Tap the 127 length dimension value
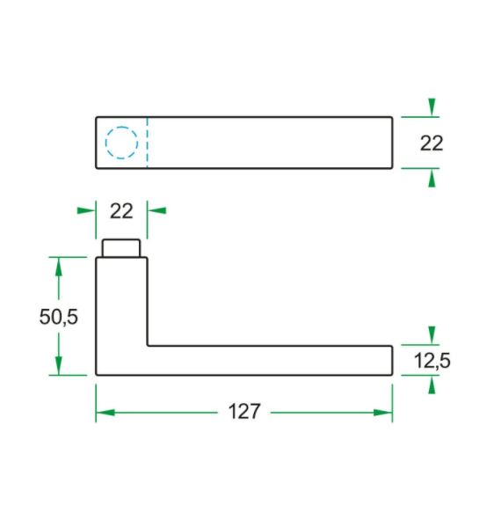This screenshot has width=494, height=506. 243,411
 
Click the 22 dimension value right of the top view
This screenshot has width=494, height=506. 431,143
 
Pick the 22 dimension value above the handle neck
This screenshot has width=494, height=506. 121,210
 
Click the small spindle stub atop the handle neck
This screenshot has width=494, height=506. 121,247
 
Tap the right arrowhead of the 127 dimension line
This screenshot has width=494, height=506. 383,412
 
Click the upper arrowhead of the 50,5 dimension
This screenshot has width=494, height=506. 59,266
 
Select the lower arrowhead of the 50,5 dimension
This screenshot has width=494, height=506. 59,366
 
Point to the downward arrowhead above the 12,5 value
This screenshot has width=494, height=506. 431,335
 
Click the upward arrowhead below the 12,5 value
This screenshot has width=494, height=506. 431,385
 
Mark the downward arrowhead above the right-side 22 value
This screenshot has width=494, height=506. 431,107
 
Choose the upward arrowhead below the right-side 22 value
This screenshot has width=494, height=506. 431,177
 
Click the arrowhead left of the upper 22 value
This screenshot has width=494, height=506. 86,210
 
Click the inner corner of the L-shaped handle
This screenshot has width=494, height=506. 148,346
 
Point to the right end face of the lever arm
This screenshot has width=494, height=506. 392,360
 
